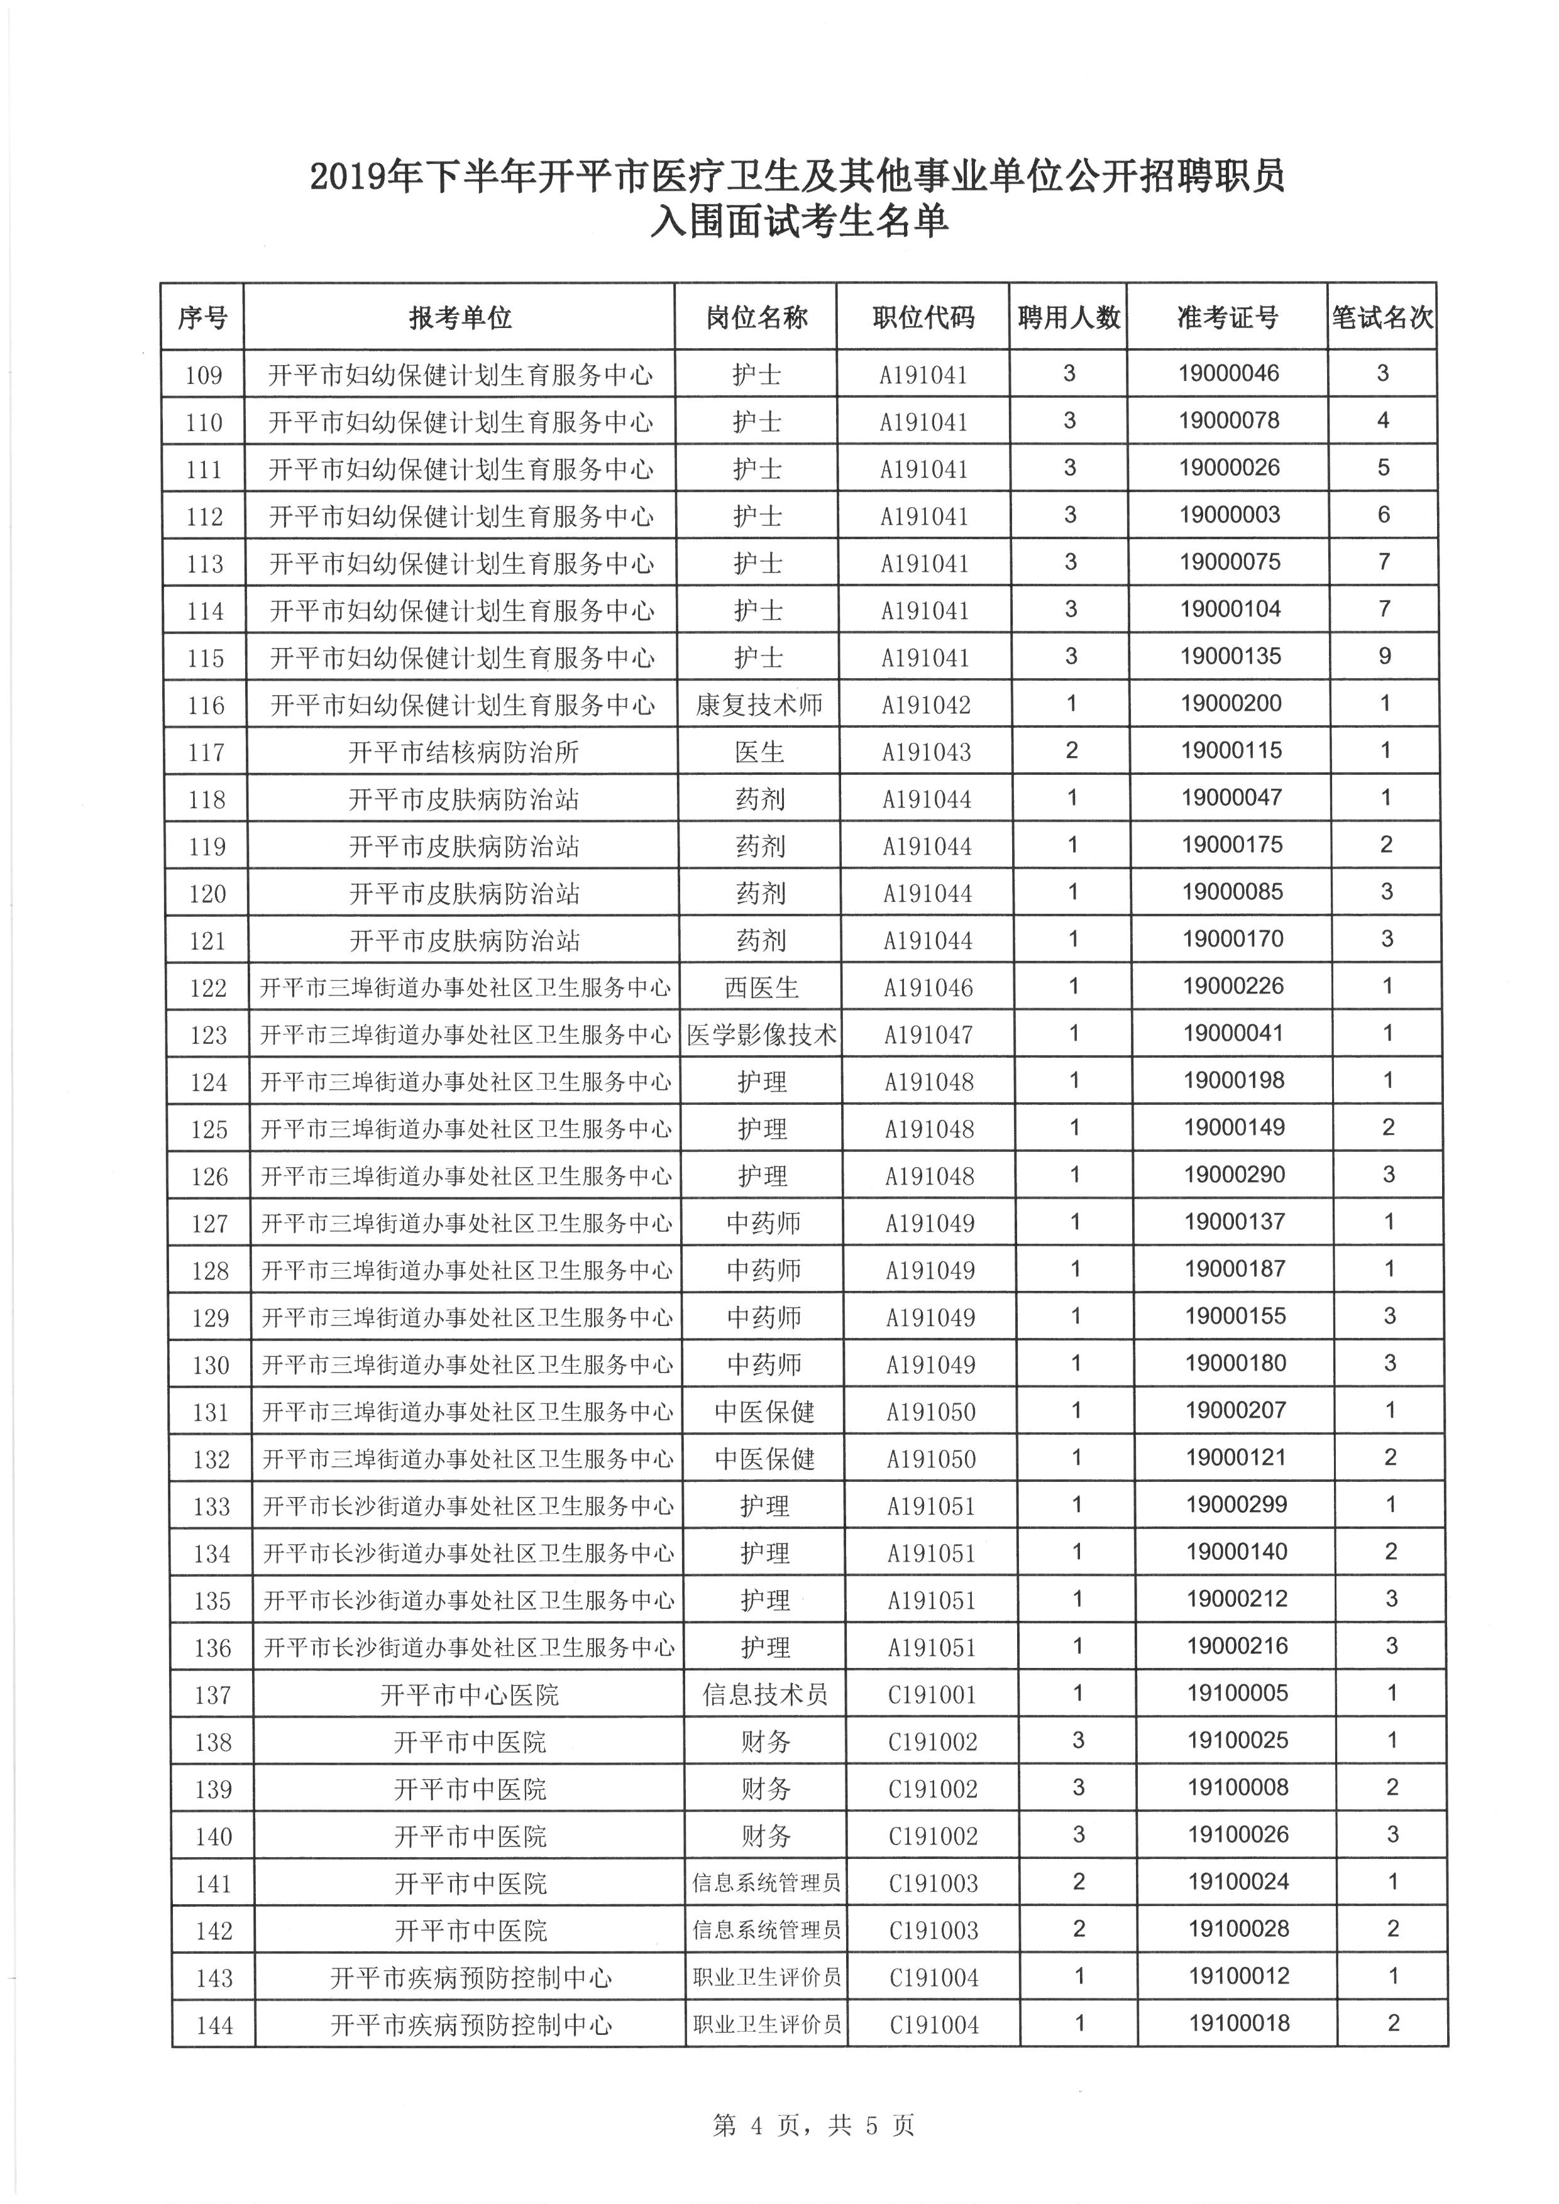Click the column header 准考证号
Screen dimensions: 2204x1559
(x=1227, y=317)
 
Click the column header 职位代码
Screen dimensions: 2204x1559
(x=923, y=317)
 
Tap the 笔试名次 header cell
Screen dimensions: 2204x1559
(x=1381, y=317)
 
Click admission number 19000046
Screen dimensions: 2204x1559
(x=1229, y=373)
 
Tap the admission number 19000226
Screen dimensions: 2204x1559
(x=1233, y=986)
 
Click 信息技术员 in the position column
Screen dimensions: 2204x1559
(x=765, y=1695)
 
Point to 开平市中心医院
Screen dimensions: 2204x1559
(x=470, y=1695)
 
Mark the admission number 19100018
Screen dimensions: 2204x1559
(x=1239, y=2024)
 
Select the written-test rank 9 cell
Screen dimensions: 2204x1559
(x=1384, y=657)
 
